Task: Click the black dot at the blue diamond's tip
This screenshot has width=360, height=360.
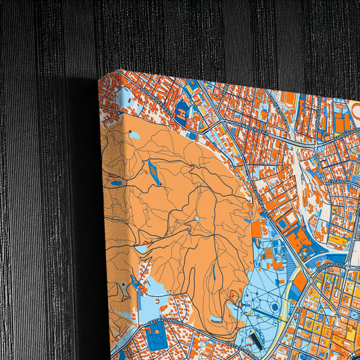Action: [160, 184]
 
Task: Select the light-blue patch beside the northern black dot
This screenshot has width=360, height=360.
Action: [135, 135]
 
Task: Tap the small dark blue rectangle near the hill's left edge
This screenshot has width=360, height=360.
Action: [116, 182]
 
